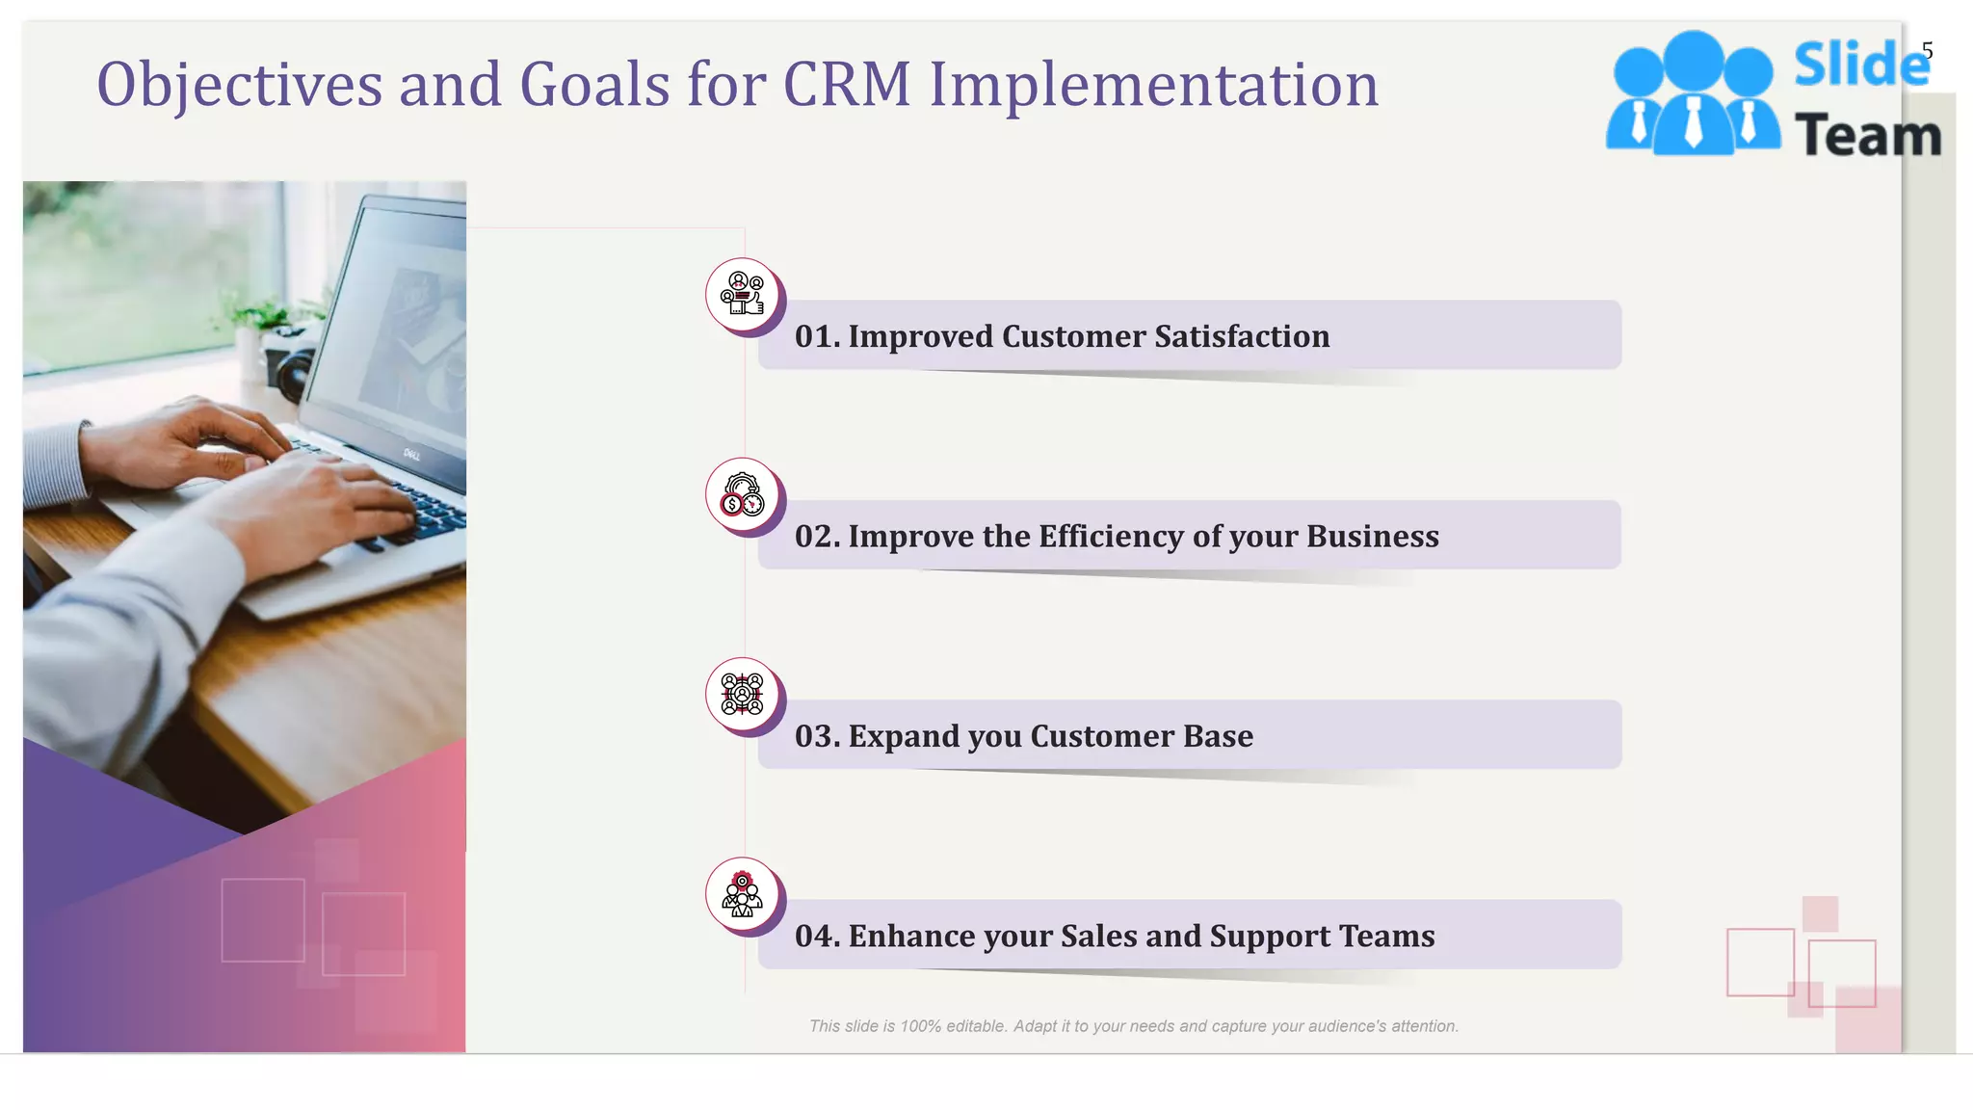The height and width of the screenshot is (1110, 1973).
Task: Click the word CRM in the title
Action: (847, 85)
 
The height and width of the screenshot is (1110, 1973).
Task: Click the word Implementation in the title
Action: (1153, 85)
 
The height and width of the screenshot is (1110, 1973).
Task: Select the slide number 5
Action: (1927, 50)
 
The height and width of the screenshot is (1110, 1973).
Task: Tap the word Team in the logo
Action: (1868, 136)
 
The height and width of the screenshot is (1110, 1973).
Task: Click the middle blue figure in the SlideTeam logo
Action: (1693, 92)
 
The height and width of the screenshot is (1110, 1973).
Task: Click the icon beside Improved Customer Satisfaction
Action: (742, 294)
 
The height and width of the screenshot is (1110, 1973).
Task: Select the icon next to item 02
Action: (742, 494)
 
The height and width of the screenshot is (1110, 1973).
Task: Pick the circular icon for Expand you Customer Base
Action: (742, 694)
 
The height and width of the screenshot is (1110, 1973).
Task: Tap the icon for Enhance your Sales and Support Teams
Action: (742, 894)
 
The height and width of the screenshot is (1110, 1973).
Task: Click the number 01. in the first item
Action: (817, 336)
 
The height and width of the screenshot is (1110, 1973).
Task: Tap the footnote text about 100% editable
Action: (1133, 1026)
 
